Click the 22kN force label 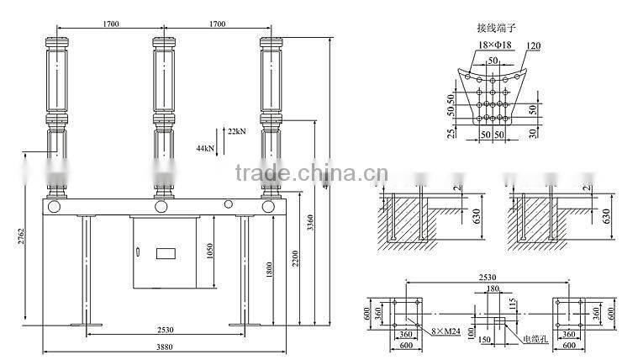(x=235, y=132)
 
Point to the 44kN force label (x=204, y=147)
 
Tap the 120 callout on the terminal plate (x=532, y=45)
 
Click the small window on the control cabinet (x=164, y=252)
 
